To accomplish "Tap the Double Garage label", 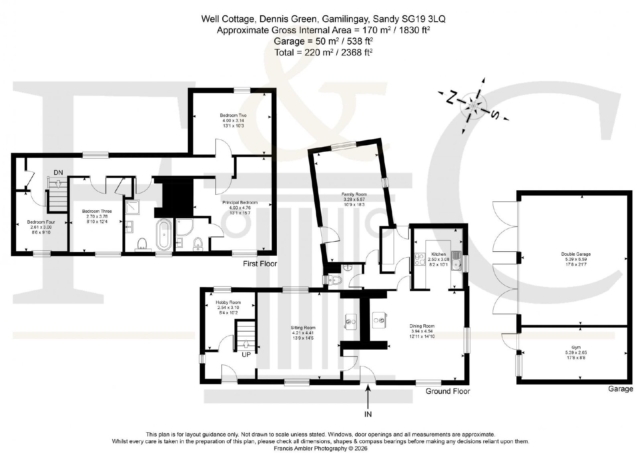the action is [576, 254].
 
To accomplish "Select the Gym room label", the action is [576, 347].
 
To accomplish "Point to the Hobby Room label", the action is [228, 302].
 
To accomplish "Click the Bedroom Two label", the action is [233, 115].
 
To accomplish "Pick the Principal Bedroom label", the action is [240, 202].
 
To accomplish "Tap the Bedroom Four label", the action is [41, 222].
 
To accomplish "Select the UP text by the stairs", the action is [246, 355].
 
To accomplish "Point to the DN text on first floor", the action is [58, 172].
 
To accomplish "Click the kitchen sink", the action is [456, 261].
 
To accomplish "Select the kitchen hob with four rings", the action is [420, 260].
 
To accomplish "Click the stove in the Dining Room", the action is [380, 320].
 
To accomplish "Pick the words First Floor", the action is [260, 264].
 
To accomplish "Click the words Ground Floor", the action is [448, 391].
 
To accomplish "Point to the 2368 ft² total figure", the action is [357, 52].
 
